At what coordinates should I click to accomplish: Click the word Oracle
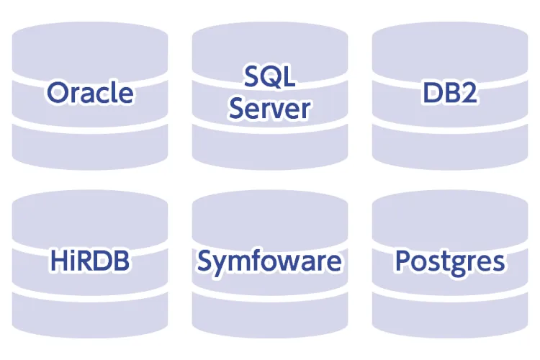[x=90, y=93]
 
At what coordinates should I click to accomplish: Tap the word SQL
[x=270, y=77]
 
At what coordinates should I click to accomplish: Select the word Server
[x=270, y=108]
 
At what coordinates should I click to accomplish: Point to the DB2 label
[x=450, y=93]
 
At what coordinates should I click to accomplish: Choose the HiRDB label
[x=90, y=261]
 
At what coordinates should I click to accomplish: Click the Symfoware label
[x=270, y=261]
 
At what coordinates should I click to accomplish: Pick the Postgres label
[x=450, y=261]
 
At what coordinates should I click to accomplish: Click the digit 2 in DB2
[x=469, y=93]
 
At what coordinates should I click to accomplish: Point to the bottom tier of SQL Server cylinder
[x=270, y=149]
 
